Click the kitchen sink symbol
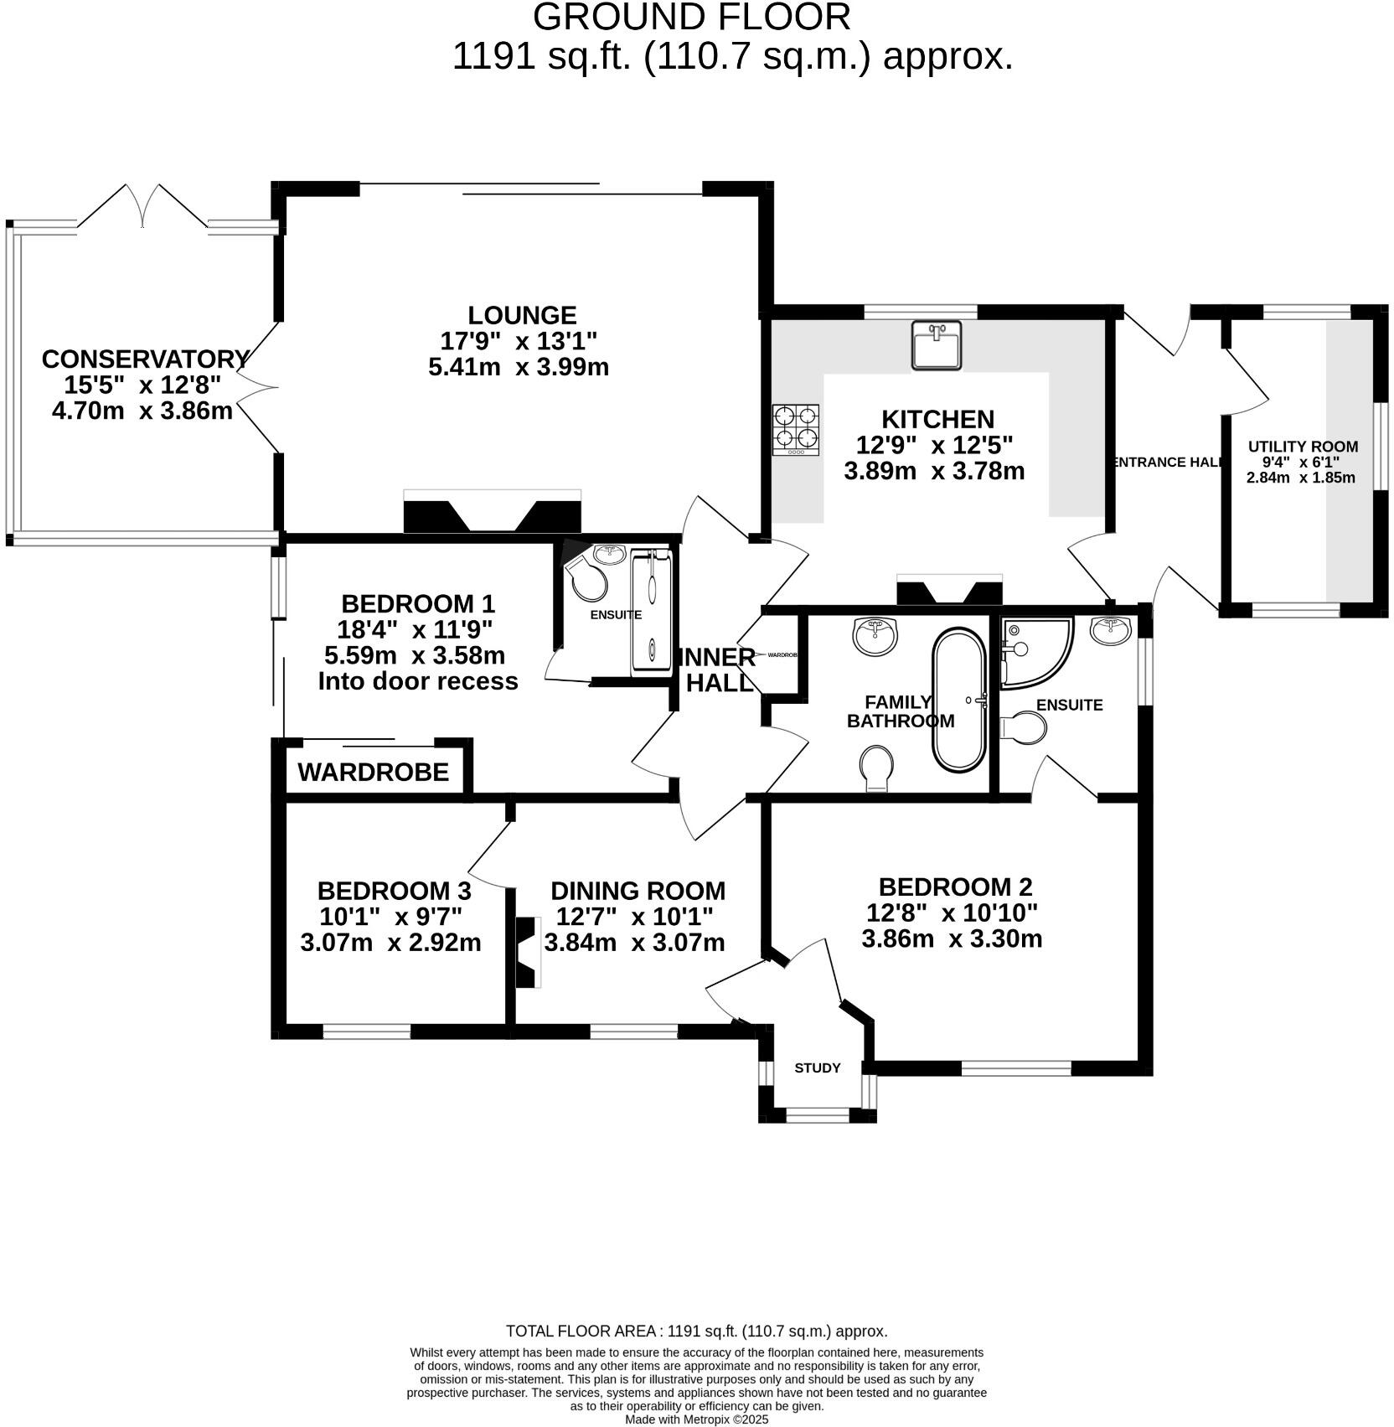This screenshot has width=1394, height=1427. (x=936, y=345)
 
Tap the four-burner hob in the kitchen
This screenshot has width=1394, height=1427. (x=795, y=430)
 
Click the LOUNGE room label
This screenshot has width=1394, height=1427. (x=522, y=315)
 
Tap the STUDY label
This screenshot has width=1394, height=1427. (x=817, y=1068)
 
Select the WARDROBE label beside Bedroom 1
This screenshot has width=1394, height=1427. (x=373, y=772)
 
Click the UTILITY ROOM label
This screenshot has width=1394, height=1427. (x=1303, y=447)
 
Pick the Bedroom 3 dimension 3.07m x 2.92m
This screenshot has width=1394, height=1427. (x=390, y=942)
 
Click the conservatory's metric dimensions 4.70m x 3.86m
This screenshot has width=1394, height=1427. (x=142, y=411)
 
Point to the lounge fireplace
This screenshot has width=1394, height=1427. (x=492, y=513)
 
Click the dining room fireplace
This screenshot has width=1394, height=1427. (x=525, y=953)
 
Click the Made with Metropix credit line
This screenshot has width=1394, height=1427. (x=696, y=1419)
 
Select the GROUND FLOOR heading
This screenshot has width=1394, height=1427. (x=691, y=17)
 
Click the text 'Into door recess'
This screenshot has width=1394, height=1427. (x=417, y=680)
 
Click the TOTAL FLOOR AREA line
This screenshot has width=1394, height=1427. (x=696, y=1331)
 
